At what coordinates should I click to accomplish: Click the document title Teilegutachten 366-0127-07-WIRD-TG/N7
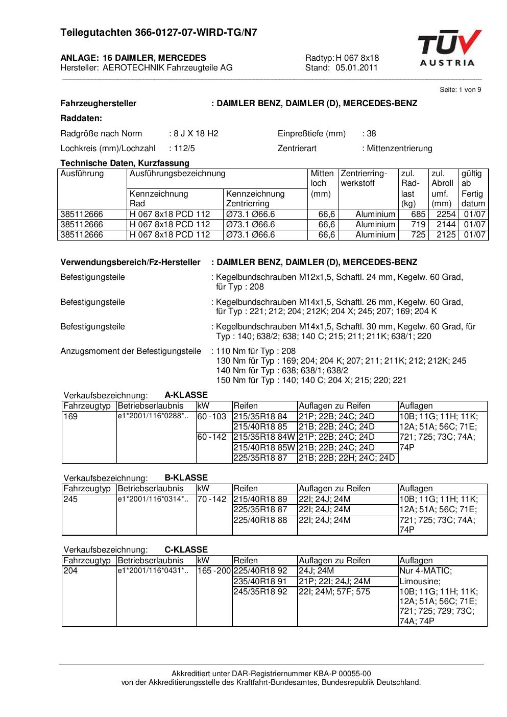[158, 33]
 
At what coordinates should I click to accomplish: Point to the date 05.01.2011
[356, 67]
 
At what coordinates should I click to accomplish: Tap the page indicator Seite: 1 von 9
[460, 90]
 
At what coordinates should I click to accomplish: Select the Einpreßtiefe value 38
[371, 134]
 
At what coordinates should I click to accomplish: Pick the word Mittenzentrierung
[399, 149]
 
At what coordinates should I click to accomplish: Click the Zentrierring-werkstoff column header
[364, 178]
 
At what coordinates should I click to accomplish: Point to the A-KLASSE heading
[186, 395]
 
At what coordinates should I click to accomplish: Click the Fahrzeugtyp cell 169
[70, 417]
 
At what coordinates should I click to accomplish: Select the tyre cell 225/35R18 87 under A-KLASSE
[260, 458]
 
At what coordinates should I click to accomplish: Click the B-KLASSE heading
[186, 477]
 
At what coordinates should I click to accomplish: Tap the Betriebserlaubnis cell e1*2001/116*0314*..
[153, 499]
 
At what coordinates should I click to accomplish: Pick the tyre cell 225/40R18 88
[260, 520]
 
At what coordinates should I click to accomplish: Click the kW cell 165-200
[214, 571]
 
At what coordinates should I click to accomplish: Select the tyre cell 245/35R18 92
[260, 592]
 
